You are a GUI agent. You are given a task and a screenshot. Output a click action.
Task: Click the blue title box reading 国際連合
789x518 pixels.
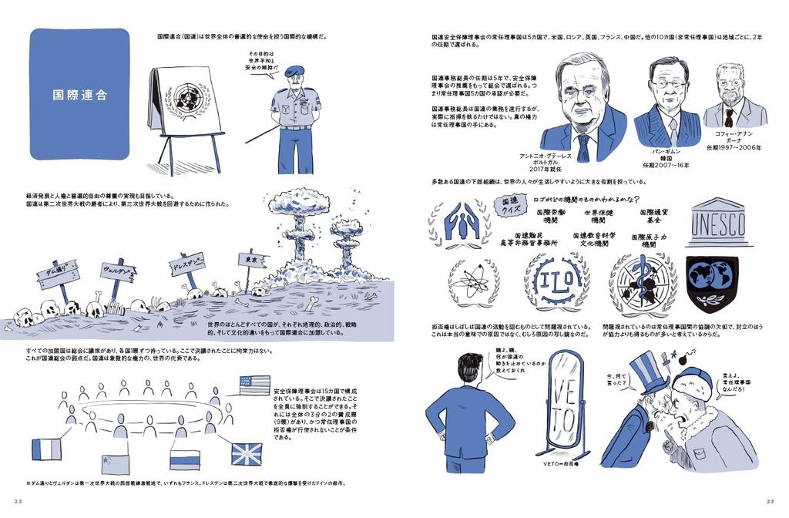79,94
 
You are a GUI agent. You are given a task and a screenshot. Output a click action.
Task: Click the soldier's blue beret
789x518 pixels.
294,72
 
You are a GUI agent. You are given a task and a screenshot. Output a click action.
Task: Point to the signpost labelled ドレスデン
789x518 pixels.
187,266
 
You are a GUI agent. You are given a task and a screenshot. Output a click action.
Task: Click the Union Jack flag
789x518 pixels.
247,453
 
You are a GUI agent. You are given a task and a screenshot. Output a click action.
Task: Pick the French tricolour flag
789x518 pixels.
46,450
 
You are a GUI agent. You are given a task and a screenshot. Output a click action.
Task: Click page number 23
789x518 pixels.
771,501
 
